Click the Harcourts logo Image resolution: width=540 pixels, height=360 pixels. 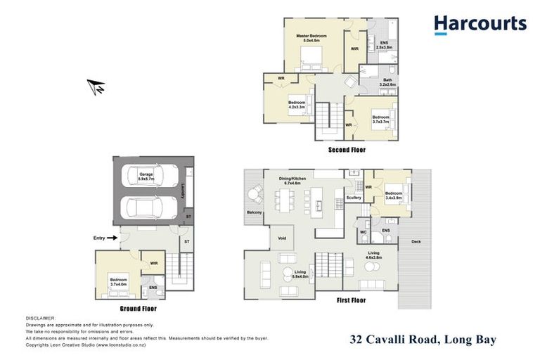click(x=480, y=25)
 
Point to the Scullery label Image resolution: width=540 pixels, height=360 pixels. click(x=354, y=198)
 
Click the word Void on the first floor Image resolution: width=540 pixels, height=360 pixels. click(x=282, y=238)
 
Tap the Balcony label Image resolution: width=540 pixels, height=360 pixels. click(x=255, y=211)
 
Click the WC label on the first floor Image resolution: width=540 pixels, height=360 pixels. click(x=364, y=230)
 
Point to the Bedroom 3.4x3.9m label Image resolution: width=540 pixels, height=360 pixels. click(x=394, y=195)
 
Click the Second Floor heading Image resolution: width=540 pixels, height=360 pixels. click(x=347, y=150)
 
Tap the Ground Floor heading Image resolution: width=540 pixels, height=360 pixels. click(x=138, y=309)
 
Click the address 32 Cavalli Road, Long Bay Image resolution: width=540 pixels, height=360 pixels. click(x=423, y=340)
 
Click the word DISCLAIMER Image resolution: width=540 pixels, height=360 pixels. click(x=40, y=319)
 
